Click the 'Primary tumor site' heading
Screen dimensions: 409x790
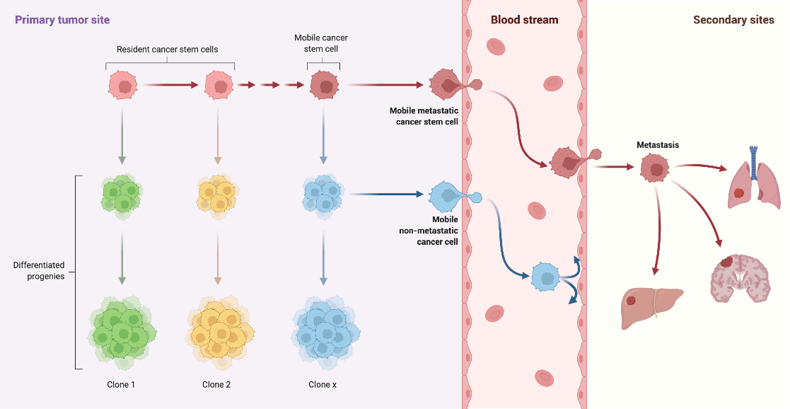click(62, 20)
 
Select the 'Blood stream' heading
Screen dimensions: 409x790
click(524, 20)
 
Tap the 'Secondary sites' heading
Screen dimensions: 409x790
click(733, 20)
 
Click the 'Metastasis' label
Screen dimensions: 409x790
click(657, 145)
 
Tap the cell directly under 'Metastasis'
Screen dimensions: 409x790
click(656, 170)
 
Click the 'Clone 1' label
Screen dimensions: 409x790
click(119, 385)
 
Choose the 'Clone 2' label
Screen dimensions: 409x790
click(216, 385)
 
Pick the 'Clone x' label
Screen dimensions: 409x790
click(323, 385)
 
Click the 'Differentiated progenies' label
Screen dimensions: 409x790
click(39, 271)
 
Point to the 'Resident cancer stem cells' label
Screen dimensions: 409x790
click(167, 50)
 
